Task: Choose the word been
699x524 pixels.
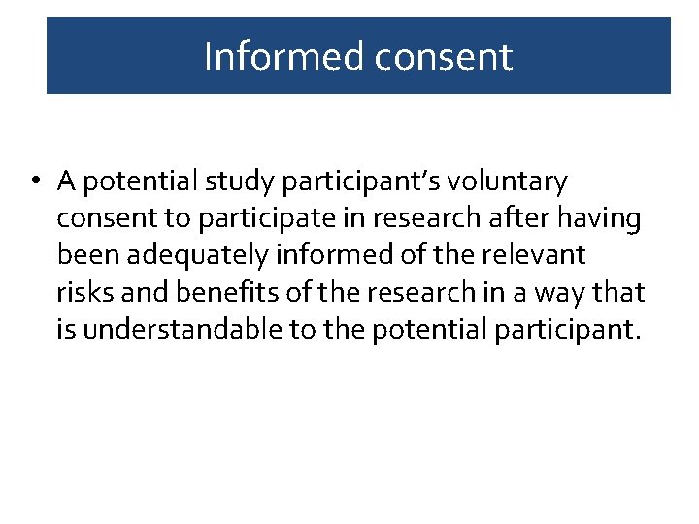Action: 84,255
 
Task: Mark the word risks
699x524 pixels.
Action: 83,292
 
